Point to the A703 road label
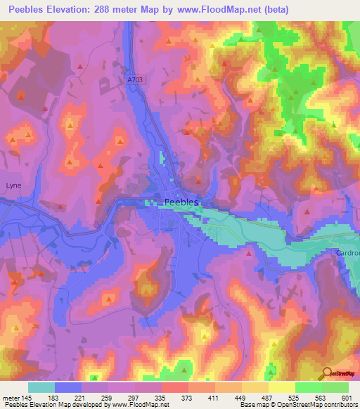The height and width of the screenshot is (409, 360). click(x=136, y=80)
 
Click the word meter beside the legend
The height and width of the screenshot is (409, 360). click(x=11, y=397)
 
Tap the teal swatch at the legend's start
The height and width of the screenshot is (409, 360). click(x=41, y=387)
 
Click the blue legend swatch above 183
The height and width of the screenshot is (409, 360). click(x=68, y=387)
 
